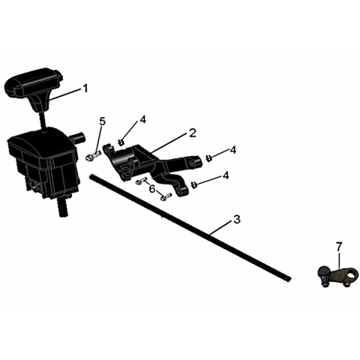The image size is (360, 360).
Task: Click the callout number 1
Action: [85, 88]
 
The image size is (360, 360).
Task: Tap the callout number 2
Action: [192, 133]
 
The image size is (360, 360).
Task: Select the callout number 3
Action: [236, 219]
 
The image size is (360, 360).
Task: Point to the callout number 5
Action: [103, 121]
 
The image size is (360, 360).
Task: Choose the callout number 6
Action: [152, 189]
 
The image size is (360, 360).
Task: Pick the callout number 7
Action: [339, 247]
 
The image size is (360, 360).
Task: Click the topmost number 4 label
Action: [142, 120]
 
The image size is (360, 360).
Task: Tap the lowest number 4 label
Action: [226, 175]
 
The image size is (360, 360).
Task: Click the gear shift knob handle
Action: [34, 88]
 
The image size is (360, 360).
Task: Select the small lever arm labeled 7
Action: [335, 275]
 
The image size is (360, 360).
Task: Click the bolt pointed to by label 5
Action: [93, 156]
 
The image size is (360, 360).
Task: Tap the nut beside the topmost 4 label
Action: [121, 142]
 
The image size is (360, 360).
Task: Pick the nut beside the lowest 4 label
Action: [193, 185]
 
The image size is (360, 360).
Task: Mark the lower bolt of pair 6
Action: [165, 196]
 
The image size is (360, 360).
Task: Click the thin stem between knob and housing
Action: [43, 121]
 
